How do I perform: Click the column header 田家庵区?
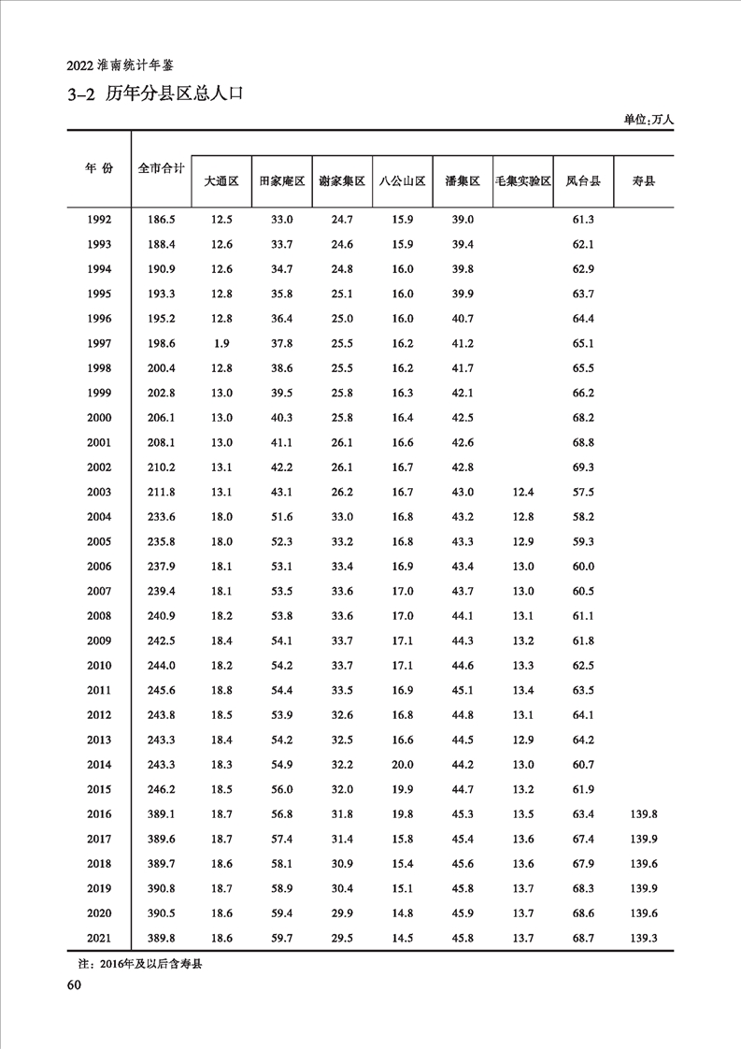tap(282, 182)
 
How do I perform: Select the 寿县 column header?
tap(644, 182)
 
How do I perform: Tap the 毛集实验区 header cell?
tap(522, 182)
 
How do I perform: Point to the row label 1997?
tap(98, 344)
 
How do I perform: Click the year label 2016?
tap(98, 814)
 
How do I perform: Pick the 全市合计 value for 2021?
tap(162, 938)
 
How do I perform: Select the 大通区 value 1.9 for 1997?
tap(221, 344)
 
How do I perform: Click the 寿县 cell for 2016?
tap(644, 814)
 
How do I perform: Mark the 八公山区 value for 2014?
tap(403, 765)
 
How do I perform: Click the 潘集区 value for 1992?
tap(463, 220)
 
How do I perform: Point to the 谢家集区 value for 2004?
tap(342, 517)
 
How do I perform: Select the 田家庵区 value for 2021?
tap(282, 938)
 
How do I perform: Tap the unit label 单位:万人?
tap(648, 120)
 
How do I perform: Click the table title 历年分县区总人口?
tap(174, 94)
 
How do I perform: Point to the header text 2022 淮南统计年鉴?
tap(121, 65)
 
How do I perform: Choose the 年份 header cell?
tap(98, 168)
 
